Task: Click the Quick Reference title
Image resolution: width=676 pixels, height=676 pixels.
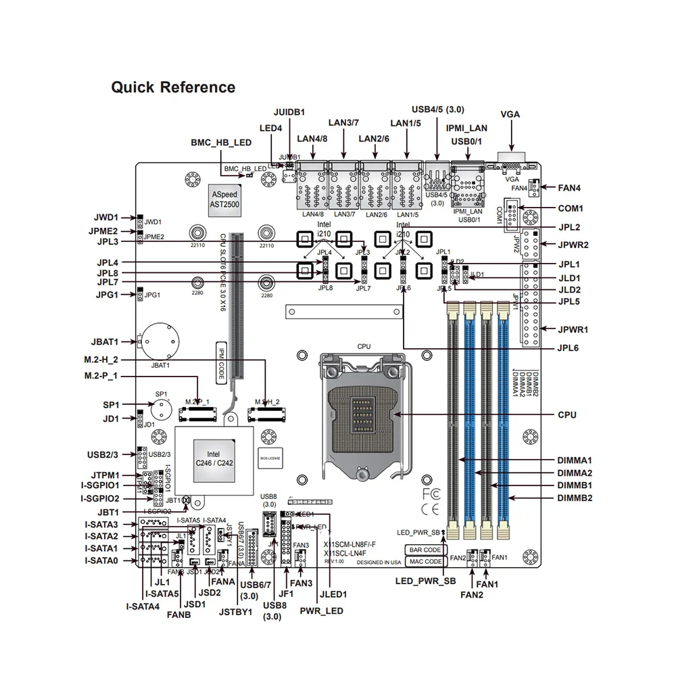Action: click(x=173, y=87)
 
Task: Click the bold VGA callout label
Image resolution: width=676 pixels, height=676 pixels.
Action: click(x=510, y=114)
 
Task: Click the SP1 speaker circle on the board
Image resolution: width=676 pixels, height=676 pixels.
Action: click(x=161, y=409)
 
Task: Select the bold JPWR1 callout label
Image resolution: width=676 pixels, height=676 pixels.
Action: click(x=573, y=330)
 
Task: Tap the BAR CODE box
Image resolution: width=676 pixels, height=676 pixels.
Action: click(x=425, y=550)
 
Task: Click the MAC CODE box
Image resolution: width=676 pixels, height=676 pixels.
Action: click(x=425, y=562)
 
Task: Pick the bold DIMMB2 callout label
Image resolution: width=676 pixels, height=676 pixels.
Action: click(x=575, y=498)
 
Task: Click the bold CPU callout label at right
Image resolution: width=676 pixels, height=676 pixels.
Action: click(x=567, y=414)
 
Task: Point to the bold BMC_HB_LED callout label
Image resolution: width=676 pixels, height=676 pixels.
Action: click(x=221, y=143)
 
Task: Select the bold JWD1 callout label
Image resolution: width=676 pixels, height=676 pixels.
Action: click(x=106, y=218)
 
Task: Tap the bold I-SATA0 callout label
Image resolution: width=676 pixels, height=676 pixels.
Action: click(x=101, y=560)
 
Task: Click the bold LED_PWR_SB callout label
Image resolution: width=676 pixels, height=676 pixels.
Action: click(x=425, y=581)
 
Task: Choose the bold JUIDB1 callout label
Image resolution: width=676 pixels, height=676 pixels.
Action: click(x=289, y=112)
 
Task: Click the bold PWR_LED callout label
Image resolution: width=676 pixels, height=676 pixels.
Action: click(x=322, y=610)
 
